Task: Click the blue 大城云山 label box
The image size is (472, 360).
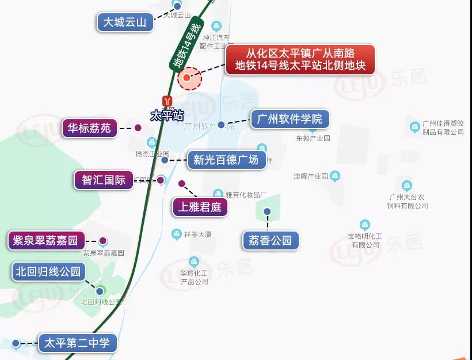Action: pos(125,23)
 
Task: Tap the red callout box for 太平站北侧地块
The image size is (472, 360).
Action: pos(300,60)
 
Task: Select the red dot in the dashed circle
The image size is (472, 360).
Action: pos(187,77)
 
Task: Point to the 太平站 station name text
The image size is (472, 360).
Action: pos(166,115)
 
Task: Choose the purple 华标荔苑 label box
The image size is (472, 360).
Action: pos(89,128)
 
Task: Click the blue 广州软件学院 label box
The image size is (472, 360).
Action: pos(290,119)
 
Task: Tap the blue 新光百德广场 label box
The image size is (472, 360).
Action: pos(226,160)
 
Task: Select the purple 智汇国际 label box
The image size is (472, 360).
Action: pos(104,180)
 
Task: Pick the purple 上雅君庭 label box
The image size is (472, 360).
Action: pos(200,207)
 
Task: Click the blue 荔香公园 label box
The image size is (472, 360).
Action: pos(271,240)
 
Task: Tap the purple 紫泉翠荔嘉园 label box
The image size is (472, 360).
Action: pos(46,240)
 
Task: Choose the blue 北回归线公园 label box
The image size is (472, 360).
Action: pos(49,271)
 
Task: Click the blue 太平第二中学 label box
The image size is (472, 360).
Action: pos(77,343)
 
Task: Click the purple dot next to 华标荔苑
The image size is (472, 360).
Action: pos(138,128)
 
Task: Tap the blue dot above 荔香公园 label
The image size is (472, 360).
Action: pos(267,211)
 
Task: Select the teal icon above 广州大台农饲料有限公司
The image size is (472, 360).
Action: pos(408,186)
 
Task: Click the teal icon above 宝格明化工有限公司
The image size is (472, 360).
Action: pos(364,225)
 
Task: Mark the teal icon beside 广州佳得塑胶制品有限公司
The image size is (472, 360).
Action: pos(414,127)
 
